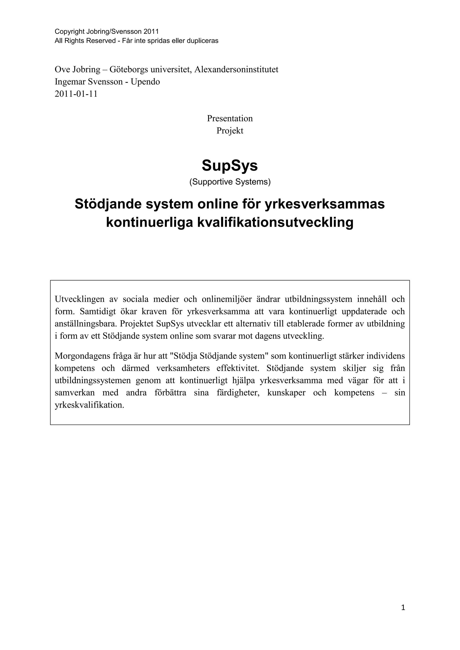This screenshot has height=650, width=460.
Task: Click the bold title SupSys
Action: click(230, 166)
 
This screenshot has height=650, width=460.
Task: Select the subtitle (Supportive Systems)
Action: click(230, 182)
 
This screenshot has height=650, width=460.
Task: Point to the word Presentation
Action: click(230, 118)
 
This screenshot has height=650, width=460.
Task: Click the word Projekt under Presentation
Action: click(230, 131)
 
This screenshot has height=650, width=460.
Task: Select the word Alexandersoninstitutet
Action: click(236, 69)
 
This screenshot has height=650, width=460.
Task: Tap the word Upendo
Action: click(145, 82)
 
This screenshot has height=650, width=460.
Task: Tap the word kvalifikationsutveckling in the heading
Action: click(275, 222)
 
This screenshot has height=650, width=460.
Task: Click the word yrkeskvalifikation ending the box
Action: click(90, 405)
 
